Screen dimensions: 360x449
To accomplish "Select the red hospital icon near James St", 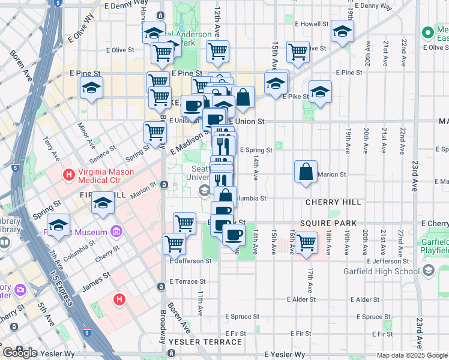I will tap(119, 298).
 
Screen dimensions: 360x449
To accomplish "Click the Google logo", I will tap(20, 353).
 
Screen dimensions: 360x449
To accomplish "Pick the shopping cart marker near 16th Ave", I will tap(306, 243).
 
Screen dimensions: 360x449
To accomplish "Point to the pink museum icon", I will tap(116, 232).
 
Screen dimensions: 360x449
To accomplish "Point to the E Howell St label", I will tap(312, 25).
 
